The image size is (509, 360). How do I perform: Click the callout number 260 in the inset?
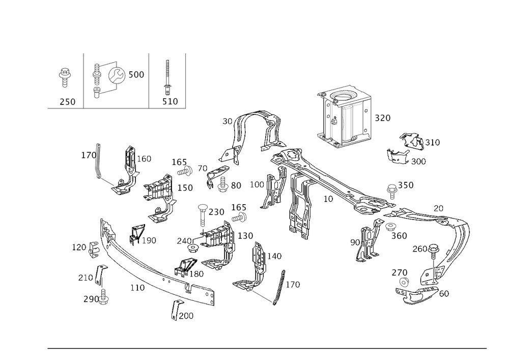(67, 102)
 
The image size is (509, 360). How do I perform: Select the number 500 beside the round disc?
(136, 75)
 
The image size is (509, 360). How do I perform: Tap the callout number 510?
(170, 102)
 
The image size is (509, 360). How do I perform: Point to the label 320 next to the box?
(383, 118)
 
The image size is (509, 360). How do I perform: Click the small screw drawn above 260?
(65, 75)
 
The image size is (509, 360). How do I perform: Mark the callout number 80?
(235, 186)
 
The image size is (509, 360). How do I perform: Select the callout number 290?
(91, 299)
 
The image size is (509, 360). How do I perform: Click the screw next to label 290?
(104, 298)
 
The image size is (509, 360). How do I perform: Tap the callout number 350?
(406, 185)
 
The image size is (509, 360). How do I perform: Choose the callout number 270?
(400, 273)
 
